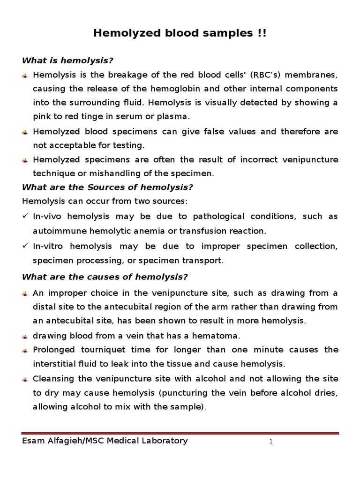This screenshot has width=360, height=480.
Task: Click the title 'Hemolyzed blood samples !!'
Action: pos(180,33)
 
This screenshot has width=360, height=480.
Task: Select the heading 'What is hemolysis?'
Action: pos(68,61)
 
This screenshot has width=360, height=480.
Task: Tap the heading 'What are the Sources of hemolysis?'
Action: pos(107,187)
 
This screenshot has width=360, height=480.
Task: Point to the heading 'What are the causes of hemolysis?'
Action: pos(105,277)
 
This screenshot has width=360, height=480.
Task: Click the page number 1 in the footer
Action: pos(271,442)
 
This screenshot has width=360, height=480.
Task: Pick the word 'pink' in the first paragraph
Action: pos(42,116)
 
